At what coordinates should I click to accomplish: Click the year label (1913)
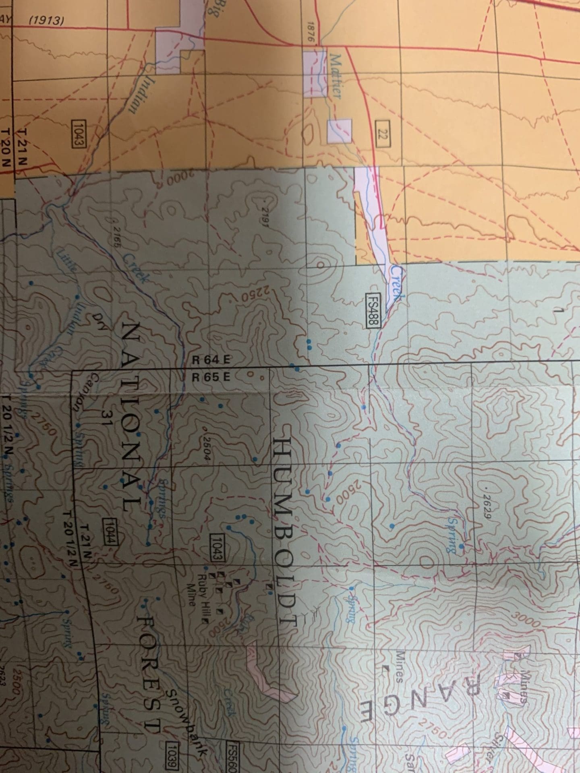pos(47,20)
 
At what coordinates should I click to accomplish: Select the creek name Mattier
pos(335,77)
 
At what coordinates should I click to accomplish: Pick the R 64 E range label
pos(210,360)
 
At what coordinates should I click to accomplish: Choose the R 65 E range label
pos(210,377)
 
